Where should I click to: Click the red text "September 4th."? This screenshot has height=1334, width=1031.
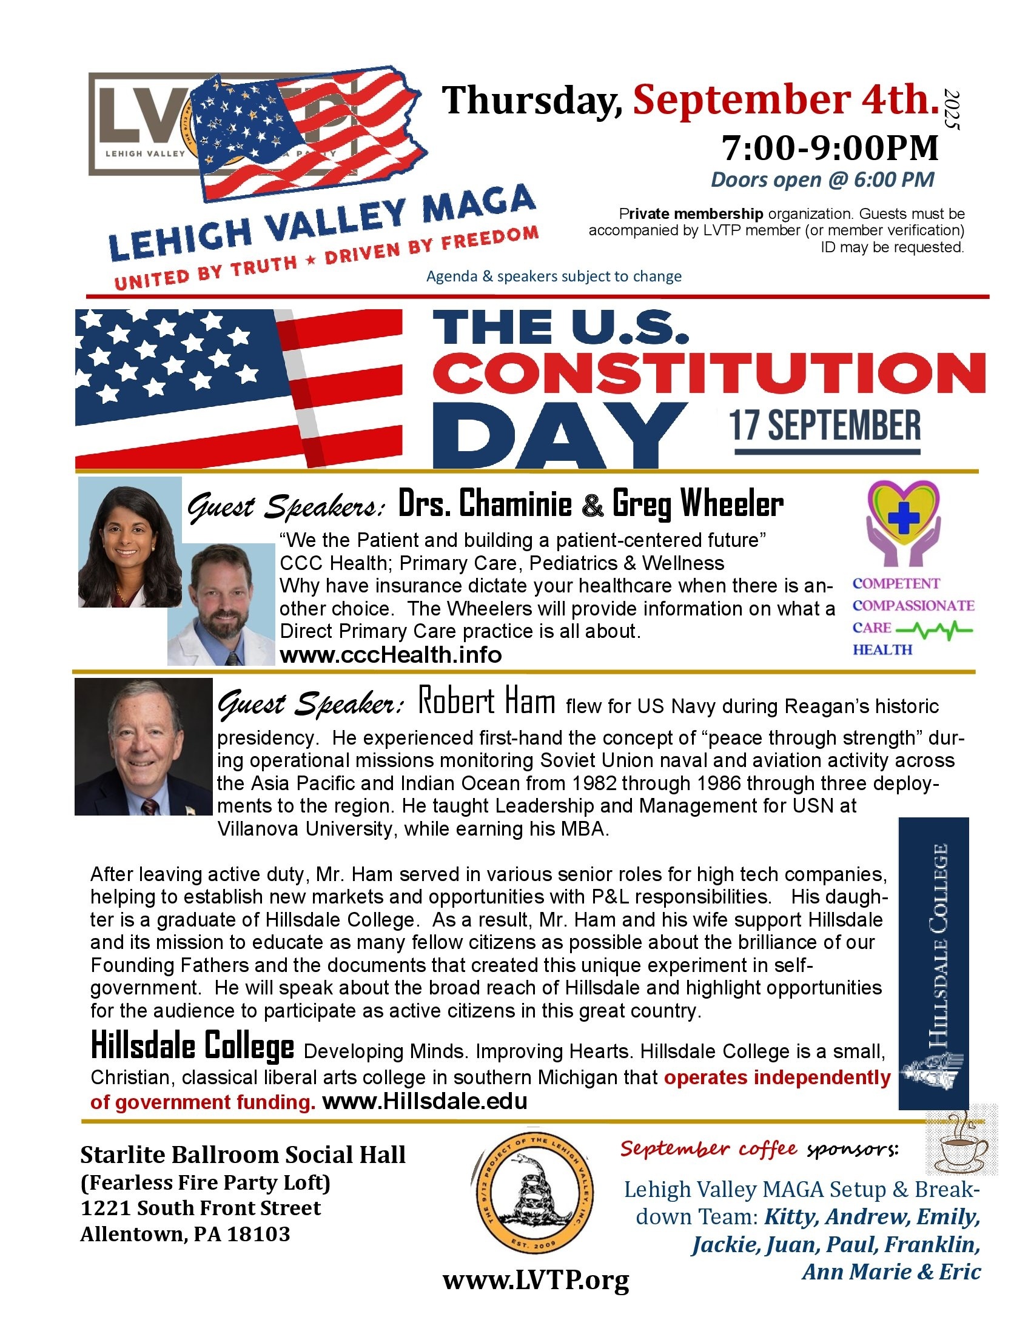coord(785,99)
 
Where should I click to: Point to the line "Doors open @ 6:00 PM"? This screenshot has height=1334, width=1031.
coord(822,179)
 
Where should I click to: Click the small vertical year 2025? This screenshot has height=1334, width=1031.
coord(952,109)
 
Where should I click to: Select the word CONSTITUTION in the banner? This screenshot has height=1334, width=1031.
coord(708,373)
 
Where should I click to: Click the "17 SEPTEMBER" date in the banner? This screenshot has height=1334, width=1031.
coord(825,426)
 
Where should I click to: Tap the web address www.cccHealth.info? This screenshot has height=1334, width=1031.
coord(391,655)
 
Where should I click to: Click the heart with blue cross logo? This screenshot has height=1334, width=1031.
coord(904,522)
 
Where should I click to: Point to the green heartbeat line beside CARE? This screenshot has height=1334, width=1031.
coord(935,629)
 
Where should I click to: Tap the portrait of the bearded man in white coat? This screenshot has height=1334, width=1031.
coord(221,605)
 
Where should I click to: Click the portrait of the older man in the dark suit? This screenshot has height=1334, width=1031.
coord(144,746)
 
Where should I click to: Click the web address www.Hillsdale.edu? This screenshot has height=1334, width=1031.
coord(425,1101)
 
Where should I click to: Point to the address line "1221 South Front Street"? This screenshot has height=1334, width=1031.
coord(200,1207)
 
